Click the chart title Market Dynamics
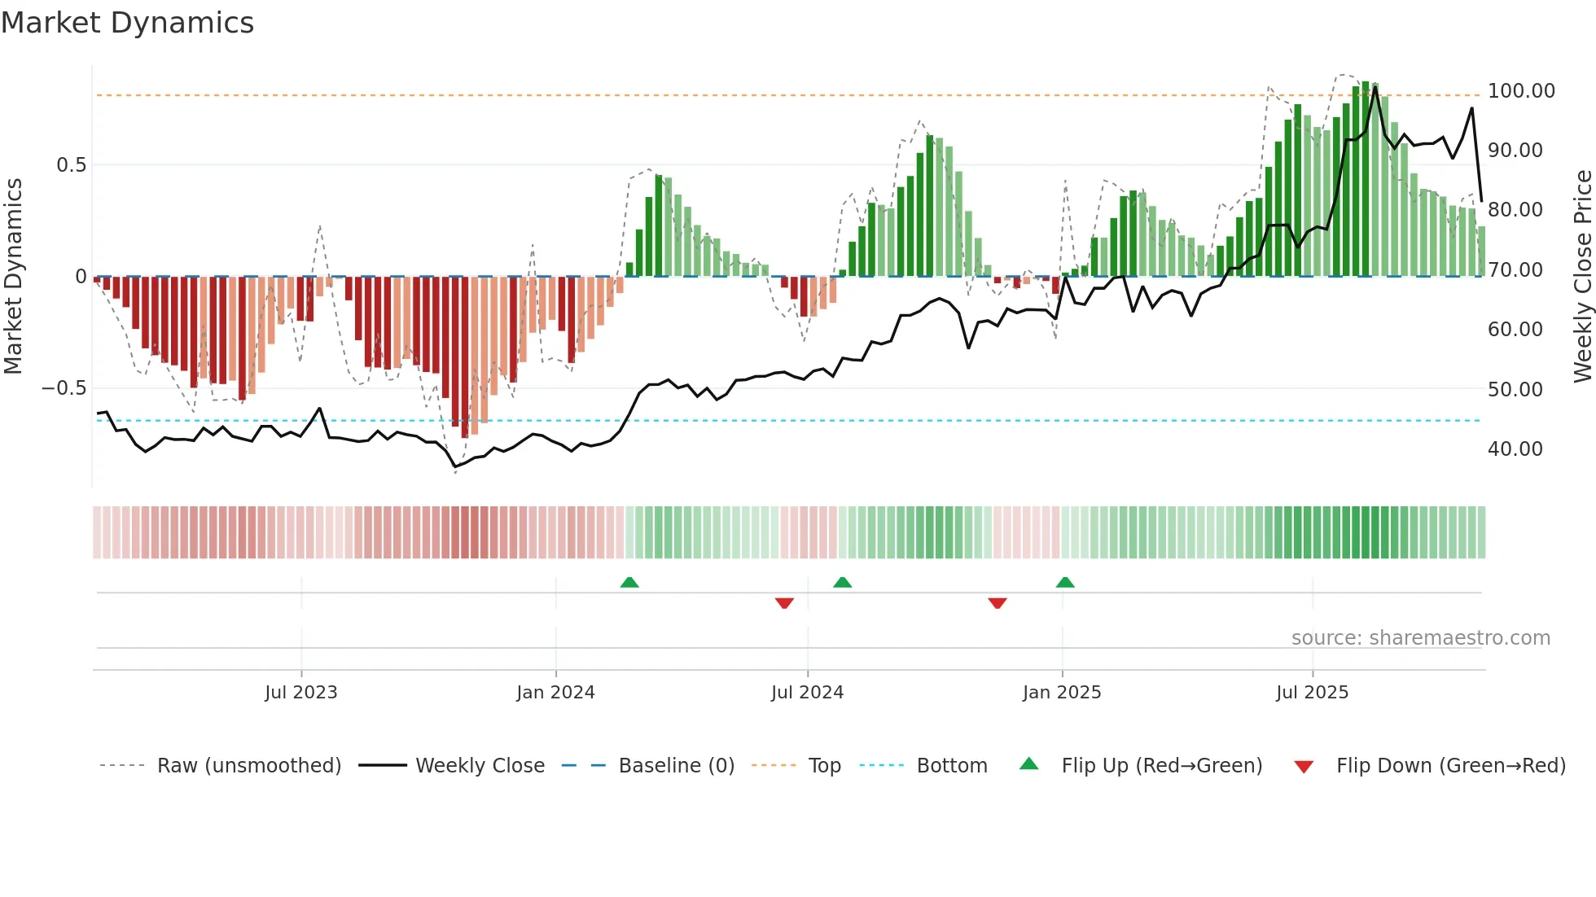[x=127, y=23]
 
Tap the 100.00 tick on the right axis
[x=1520, y=91]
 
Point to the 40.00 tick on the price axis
[x=1515, y=449]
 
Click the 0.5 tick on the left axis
[x=71, y=165]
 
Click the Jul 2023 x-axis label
[x=300, y=693]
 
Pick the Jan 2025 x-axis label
[x=1061, y=693]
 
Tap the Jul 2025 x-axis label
[x=1312, y=693]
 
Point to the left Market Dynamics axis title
[x=13, y=277]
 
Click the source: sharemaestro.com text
[x=1420, y=638]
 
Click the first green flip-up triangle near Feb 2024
[x=629, y=582]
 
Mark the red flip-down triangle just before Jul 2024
[x=784, y=603]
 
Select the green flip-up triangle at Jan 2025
[x=1064, y=582]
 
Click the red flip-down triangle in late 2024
[x=997, y=603]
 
